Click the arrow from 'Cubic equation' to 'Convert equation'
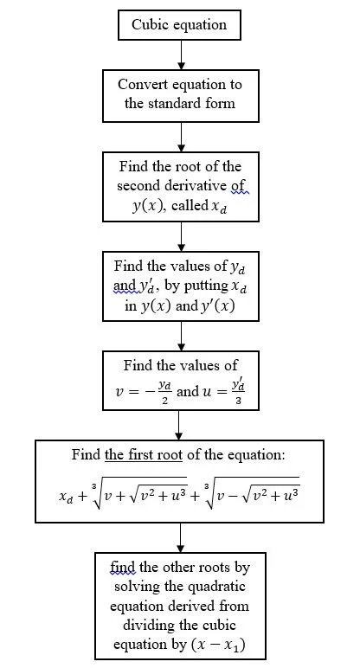[x=181, y=55]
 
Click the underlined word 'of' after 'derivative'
[x=239, y=186]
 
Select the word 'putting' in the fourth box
[x=206, y=286]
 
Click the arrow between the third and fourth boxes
[x=181, y=236]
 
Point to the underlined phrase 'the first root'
[x=144, y=454]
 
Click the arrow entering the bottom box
[x=181, y=537]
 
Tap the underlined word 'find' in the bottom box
[x=122, y=567]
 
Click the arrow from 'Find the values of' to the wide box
[x=179, y=425]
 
